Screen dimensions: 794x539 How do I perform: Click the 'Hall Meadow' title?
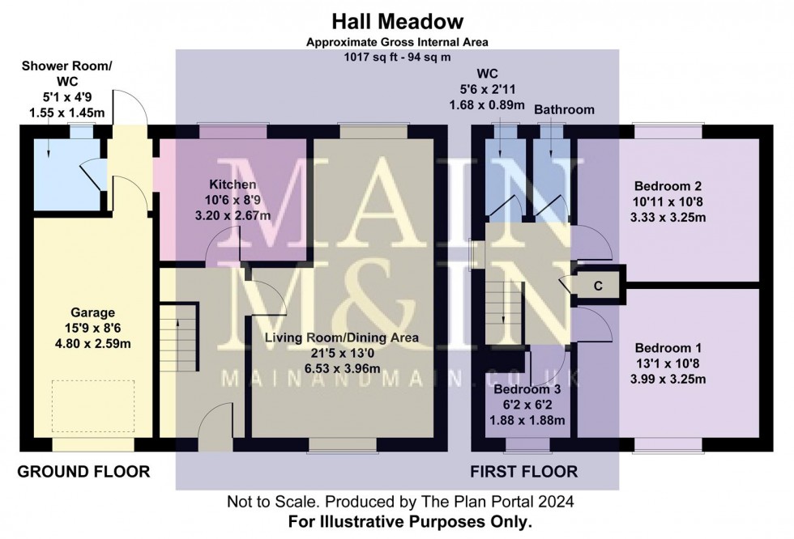click(x=398, y=22)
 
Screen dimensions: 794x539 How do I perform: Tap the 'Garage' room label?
click(x=92, y=312)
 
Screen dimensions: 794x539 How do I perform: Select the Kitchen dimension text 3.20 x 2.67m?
click(x=233, y=215)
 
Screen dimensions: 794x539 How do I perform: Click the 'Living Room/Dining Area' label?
click(x=342, y=337)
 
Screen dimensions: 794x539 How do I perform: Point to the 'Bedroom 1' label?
click(x=668, y=348)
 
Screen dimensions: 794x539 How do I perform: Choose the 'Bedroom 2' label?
click(x=668, y=186)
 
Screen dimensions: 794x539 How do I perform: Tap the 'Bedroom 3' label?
click(x=527, y=389)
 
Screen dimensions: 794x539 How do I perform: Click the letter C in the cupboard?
click(x=598, y=286)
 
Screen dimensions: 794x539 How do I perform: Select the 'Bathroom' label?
click(x=564, y=110)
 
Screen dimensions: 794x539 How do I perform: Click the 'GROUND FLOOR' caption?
click(x=83, y=472)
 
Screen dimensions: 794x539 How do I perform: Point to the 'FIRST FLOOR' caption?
click(x=524, y=472)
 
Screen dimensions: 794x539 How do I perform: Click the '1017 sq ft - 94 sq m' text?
click(x=398, y=57)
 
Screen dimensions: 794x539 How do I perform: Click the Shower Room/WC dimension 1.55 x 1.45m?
click(x=66, y=112)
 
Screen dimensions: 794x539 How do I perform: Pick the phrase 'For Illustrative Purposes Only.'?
click(x=410, y=521)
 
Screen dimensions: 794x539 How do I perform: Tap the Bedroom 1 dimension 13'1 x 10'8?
click(x=668, y=363)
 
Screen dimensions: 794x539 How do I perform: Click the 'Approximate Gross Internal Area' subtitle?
click(x=398, y=42)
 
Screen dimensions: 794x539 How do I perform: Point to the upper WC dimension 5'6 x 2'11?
click(x=487, y=90)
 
